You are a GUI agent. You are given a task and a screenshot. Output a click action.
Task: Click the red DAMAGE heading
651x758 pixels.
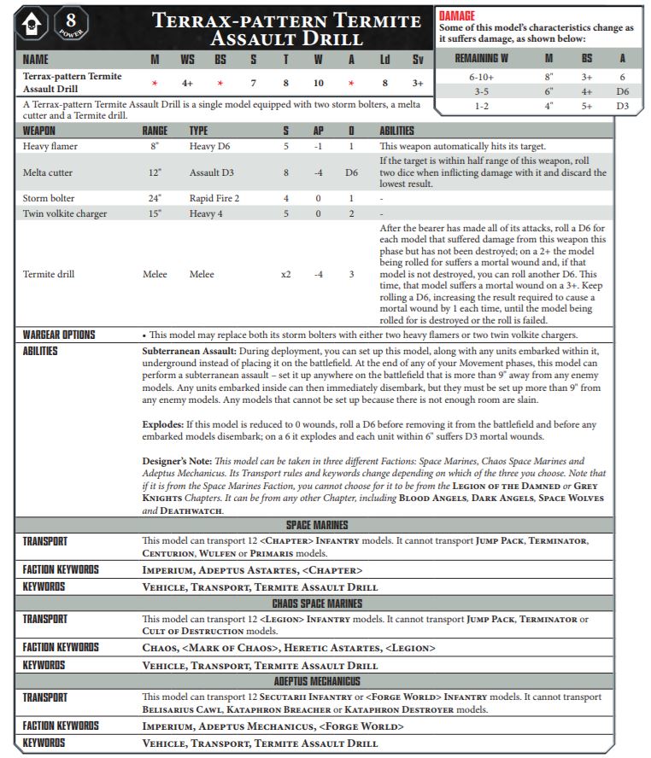pyautogui.click(x=456, y=15)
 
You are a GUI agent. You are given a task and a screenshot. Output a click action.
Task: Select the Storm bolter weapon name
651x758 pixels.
pyautogui.click(x=50, y=198)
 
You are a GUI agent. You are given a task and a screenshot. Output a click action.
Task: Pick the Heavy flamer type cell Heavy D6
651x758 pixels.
pyautogui.click(x=210, y=147)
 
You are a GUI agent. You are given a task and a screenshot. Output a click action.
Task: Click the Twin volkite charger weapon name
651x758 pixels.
pyautogui.click(x=64, y=213)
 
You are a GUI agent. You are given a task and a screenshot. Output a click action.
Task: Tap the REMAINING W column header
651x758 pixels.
pyautogui.click(x=482, y=58)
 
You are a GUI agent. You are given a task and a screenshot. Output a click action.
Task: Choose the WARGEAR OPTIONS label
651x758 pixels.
pyautogui.click(x=59, y=335)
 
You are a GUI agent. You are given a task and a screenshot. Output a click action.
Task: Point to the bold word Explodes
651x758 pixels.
pyautogui.click(x=164, y=424)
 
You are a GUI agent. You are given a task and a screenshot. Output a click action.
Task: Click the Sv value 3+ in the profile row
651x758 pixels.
pyautogui.click(x=416, y=83)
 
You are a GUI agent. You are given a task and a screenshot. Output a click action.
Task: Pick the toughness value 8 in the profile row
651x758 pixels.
pyautogui.click(x=285, y=83)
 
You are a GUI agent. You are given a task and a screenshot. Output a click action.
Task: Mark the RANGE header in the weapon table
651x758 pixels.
pyautogui.click(x=155, y=131)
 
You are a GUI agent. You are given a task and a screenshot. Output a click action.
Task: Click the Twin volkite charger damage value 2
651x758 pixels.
pyautogui.click(x=351, y=213)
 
